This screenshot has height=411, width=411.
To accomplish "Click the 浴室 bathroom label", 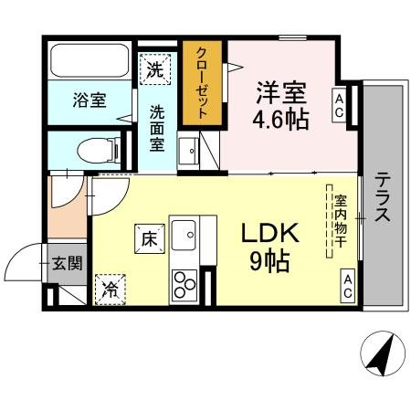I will (88, 100).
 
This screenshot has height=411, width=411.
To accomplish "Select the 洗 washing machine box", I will (155, 68).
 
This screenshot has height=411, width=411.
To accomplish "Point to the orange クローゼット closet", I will (202, 83).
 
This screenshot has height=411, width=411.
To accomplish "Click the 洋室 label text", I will (280, 92).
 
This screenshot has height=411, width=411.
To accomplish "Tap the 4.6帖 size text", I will (280, 119).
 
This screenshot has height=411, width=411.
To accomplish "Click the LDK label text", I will (270, 234).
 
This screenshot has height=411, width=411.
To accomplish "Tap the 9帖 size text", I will (270, 262).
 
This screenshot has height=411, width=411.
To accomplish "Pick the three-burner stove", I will (184, 284).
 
